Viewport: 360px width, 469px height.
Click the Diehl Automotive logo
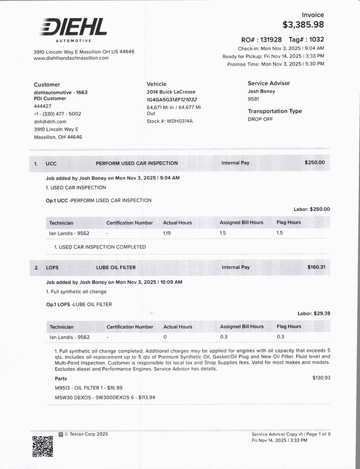tap(74, 30)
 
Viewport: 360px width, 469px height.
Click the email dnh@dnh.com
tap(50, 121)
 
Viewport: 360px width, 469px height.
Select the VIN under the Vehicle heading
tap(172, 100)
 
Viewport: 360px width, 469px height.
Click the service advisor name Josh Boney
tap(261, 91)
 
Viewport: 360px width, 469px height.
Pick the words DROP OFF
tap(260, 119)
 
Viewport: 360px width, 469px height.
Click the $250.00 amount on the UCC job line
tap(314, 162)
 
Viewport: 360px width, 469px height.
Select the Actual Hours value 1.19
tap(167, 233)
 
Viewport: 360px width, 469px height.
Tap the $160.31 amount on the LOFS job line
tap(316, 267)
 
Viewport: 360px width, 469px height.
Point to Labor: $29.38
tap(314, 314)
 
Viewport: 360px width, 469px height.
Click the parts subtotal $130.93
tap(321, 378)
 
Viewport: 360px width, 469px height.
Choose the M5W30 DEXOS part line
tap(96, 397)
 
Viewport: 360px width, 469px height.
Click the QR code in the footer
tap(43, 447)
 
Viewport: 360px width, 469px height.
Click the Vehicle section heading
tap(157, 84)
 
